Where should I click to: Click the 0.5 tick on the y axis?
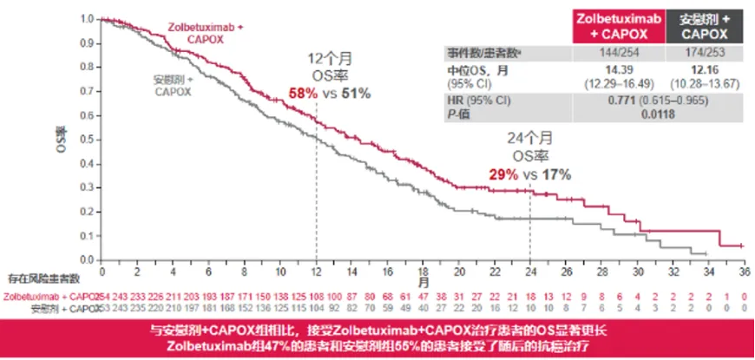click(x=90, y=139)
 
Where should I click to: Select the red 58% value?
click(x=305, y=94)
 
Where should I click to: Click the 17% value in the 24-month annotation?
click(x=556, y=175)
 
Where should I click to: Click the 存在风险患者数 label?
click(x=43, y=278)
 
